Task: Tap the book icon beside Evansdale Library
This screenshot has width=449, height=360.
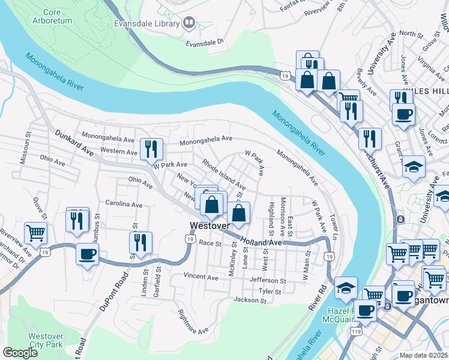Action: pos(190,23)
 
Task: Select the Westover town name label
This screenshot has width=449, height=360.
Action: pos(209,226)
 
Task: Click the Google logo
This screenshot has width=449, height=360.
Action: pos(20,353)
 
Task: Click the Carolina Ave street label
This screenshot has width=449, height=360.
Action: pos(124,204)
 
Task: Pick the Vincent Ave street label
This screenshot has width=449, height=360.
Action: pos(200,277)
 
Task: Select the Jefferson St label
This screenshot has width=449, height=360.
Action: pos(268,280)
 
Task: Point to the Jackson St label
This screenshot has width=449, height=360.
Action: pos(249,299)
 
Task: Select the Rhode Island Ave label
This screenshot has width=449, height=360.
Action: pos(223,173)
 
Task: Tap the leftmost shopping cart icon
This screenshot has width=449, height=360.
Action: pos(35,232)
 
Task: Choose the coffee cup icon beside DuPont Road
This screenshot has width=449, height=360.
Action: pos(88,254)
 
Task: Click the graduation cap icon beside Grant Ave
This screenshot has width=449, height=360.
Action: pos(414,167)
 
